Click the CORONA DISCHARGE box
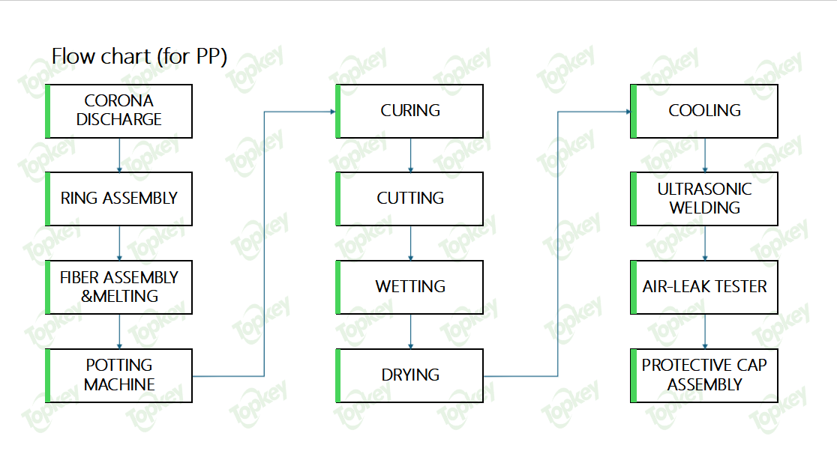tap(119, 112)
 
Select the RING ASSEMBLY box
tap(119, 199)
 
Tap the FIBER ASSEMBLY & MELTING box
tap(119, 287)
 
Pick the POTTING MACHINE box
tap(119, 376)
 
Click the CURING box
tap(409, 112)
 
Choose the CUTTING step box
tap(409, 199)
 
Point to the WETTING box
tap(409, 287)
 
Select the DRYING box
tap(409, 376)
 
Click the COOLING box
tap(704, 112)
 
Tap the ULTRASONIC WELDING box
tap(704, 199)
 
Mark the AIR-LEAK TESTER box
tap(704, 287)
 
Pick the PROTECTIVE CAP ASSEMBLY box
tap(704, 376)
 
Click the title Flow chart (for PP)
tap(139, 56)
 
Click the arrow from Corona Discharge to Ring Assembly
tap(119, 155)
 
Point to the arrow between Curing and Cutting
tap(410, 155)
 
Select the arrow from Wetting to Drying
tap(410, 331)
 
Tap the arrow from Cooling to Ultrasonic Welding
tap(705, 155)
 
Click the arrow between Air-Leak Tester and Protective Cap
tap(705, 331)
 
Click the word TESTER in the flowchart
tap(741, 287)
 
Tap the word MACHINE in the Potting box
tap(119, 385)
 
